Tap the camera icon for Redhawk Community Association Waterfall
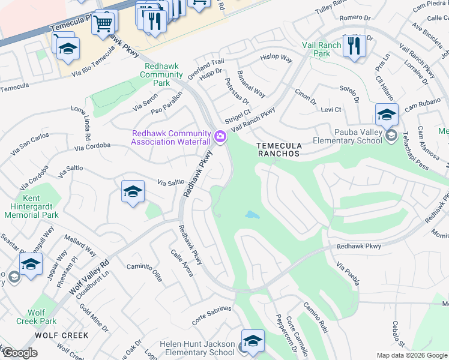(x=220, y=137)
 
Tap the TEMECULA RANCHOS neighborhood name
(x=277, y=149)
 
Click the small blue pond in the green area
(x=252, y=214)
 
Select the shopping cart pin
(x=103, y=24)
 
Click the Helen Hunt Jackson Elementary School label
(x=197, y=348)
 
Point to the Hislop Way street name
(x=276, y=59)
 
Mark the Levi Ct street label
(x=330, y=110)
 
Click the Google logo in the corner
(x=19, y=353)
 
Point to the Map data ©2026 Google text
(x=412, y=355)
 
